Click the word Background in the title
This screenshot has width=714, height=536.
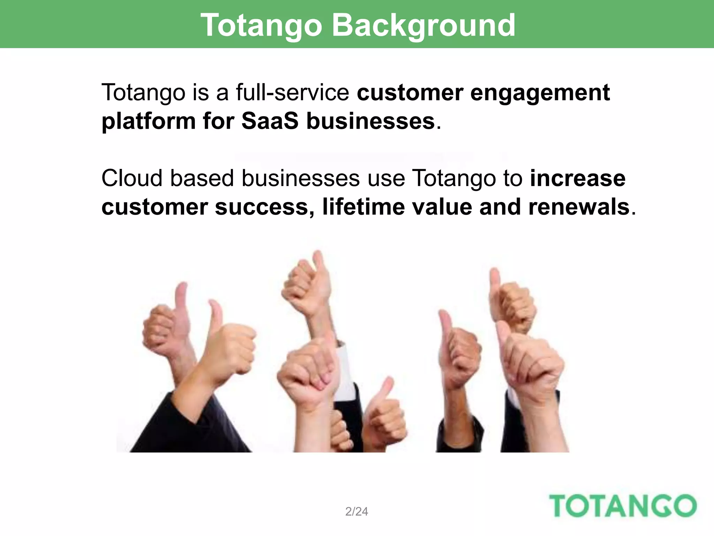click(424, 25)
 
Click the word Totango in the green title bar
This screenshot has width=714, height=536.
click(261, 25)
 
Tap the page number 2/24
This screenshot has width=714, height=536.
click(356, 511)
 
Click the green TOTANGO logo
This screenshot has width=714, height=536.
click(623, 506)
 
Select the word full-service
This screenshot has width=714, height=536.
click(293, 92)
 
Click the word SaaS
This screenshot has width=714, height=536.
click(270, 121)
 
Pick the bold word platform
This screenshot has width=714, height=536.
click(148, 122)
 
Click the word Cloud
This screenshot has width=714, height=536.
click(132, 178)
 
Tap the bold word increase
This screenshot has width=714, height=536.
click(578, 178)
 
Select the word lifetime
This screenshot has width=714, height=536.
click(363, 207)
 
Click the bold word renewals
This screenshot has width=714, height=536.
click(579, 207)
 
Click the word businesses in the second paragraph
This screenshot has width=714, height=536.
click(300, 178)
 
